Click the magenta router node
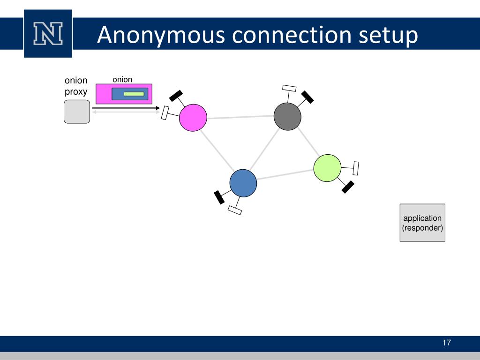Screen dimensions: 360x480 click(193, 117)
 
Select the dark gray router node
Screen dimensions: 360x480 click(287, 116)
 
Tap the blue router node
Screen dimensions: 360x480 click(243, 183)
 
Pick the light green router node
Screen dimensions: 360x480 click(327, 168)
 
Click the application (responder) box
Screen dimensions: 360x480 click(422, 223)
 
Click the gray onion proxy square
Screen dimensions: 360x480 click(76, 112)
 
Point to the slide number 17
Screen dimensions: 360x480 click(446, 343)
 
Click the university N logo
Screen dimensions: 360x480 click(48, 34)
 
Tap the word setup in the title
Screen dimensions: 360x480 click(389, 37)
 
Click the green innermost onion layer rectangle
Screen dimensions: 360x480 click(134, 94)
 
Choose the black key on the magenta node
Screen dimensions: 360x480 click(176, 95)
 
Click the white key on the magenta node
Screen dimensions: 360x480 click(165, 113)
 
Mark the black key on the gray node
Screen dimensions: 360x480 click(307, 97)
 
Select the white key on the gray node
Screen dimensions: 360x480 click(289, 88)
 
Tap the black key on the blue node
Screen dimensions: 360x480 click(219, 197)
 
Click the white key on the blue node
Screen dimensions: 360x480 click(235, 210)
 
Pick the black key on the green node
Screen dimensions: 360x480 click(348, 187)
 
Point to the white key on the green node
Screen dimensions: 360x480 click(356, 168)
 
